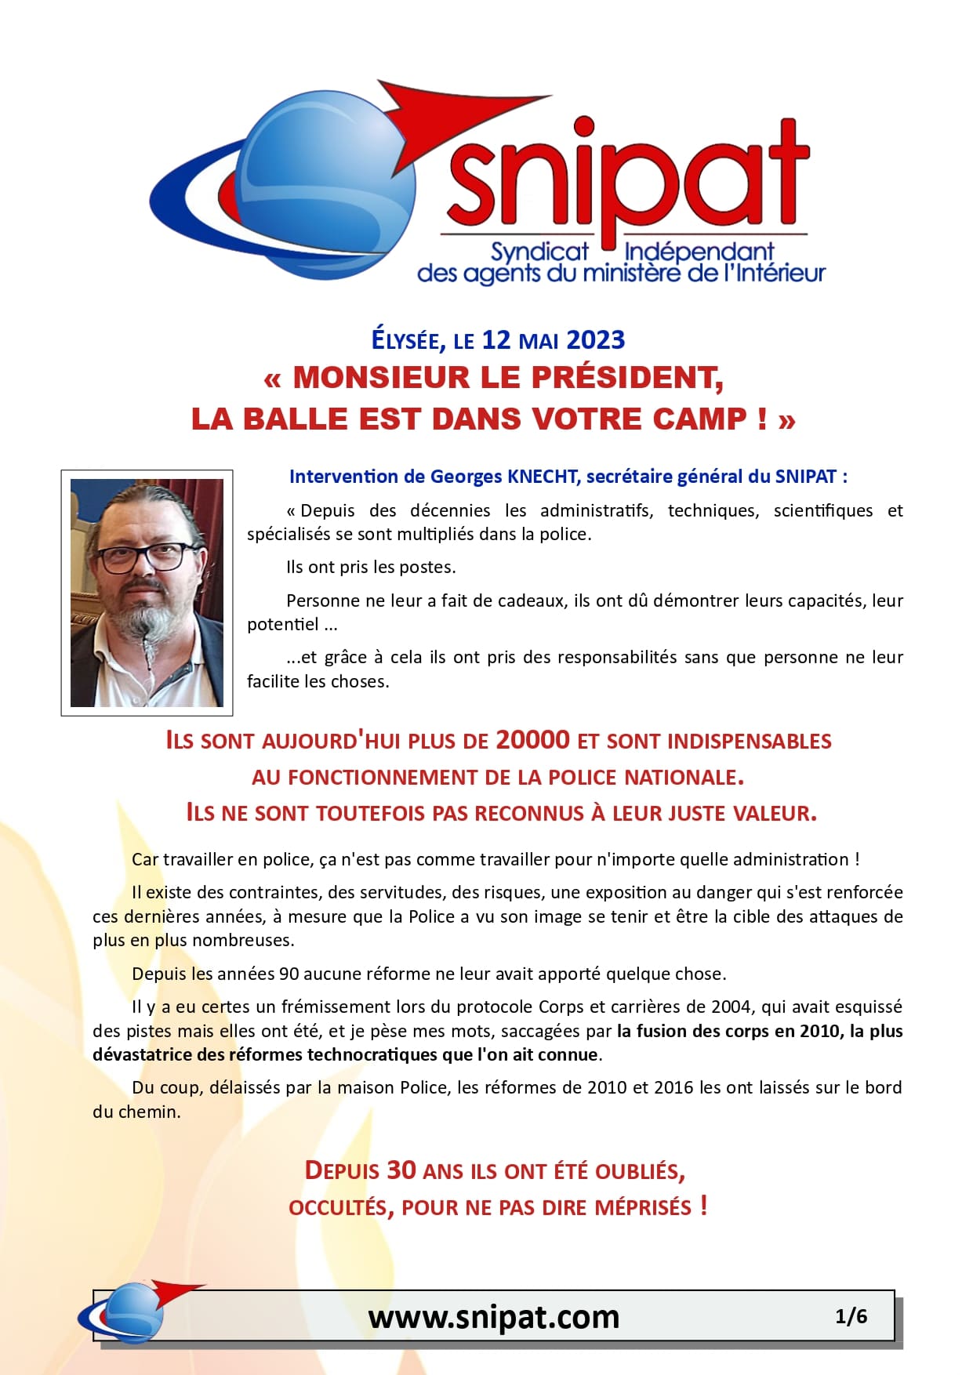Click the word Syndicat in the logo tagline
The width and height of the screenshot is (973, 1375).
tap(539, 252)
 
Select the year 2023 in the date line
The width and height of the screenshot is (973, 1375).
tap(595, 340)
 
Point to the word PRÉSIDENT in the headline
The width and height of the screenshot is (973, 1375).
tap(626, 378)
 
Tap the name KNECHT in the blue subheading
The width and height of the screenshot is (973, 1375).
tap(543, 477)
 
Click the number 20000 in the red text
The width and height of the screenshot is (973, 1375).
tap(533, 740)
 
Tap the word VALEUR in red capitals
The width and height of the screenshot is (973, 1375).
tap(772, 813)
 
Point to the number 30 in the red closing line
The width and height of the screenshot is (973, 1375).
tap(401, 1170)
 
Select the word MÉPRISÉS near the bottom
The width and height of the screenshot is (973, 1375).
tap(643, 1207)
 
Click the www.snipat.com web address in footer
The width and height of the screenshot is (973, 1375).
tap(494, 1317)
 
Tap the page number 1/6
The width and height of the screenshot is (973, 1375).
tap(851, 1316)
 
